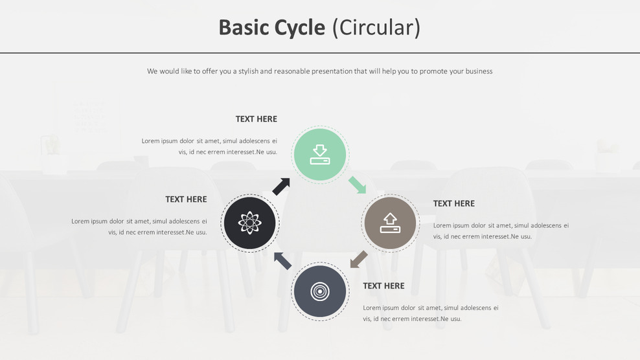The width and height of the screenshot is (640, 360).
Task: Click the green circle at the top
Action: (320, 155)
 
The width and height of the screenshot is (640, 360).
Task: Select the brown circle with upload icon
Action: (390, 223)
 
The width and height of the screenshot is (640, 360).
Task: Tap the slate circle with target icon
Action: (320, 291)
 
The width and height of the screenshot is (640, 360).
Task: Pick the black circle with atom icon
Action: (250, 223)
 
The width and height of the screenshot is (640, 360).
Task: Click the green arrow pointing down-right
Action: (357, 185)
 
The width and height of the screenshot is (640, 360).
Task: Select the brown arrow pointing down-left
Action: (358, 259)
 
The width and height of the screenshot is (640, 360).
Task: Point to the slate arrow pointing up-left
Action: (282, 260)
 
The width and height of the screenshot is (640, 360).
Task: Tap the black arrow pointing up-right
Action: (281, 186)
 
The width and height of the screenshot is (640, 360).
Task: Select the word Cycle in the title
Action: (300, 28)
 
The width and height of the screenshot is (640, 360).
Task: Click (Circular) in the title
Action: (376, 28)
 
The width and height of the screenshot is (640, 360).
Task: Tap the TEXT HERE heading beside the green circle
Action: (256, 119)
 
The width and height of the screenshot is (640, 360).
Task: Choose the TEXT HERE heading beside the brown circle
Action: (453, 203)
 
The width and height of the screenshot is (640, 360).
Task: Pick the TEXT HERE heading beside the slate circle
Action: (383, 286)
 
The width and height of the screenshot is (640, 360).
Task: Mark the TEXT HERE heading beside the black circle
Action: (186, 199)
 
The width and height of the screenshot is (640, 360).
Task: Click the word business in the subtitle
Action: (479, 71)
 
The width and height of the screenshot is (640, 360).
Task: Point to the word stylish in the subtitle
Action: (248, 71)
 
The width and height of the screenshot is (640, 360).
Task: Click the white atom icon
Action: (250, 223)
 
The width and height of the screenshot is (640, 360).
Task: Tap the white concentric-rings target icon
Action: (320, 291)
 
